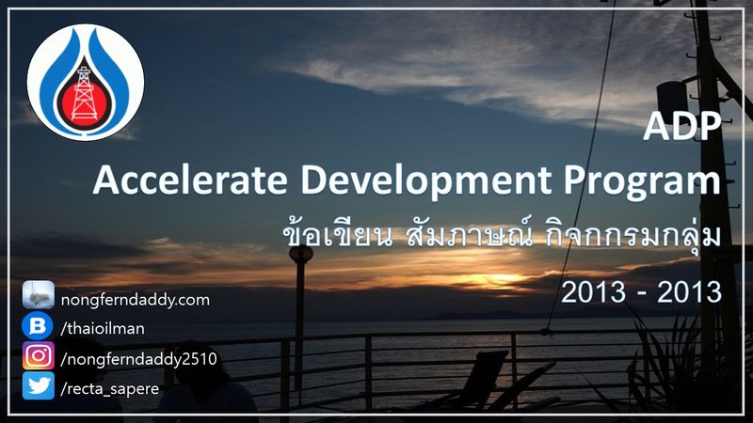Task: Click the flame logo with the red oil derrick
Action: [85, 82]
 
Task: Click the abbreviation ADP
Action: [681, 127]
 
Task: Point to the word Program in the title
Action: [628, 180]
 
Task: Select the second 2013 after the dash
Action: [687, 291]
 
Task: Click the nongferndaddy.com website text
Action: [135, 300]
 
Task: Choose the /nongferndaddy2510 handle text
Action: [138, 357]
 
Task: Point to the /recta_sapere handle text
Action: [107, 386]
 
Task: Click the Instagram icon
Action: [39, 356]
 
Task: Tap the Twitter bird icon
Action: [39, 385]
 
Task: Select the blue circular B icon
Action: [39, 327]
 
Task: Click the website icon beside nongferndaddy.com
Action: [39, 298]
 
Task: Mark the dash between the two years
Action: [642, 293]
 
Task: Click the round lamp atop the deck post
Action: [301, 255]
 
